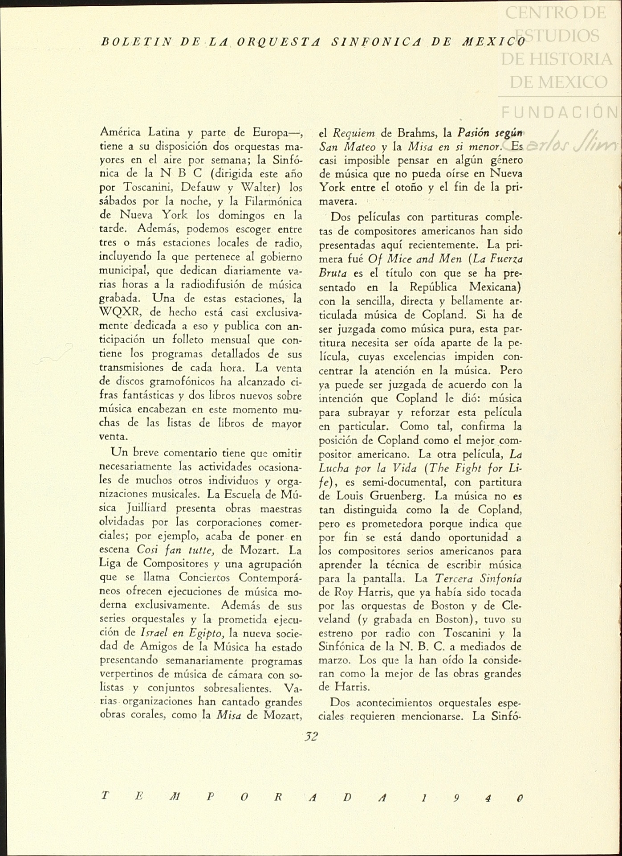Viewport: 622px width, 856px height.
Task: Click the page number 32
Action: [x=311, y=736]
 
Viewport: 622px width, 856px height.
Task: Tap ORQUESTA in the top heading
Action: [x=278, y=42]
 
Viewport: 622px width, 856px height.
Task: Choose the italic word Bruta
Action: [x=333, y=273]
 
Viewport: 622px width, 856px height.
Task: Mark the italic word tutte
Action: [x=199, y=550]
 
